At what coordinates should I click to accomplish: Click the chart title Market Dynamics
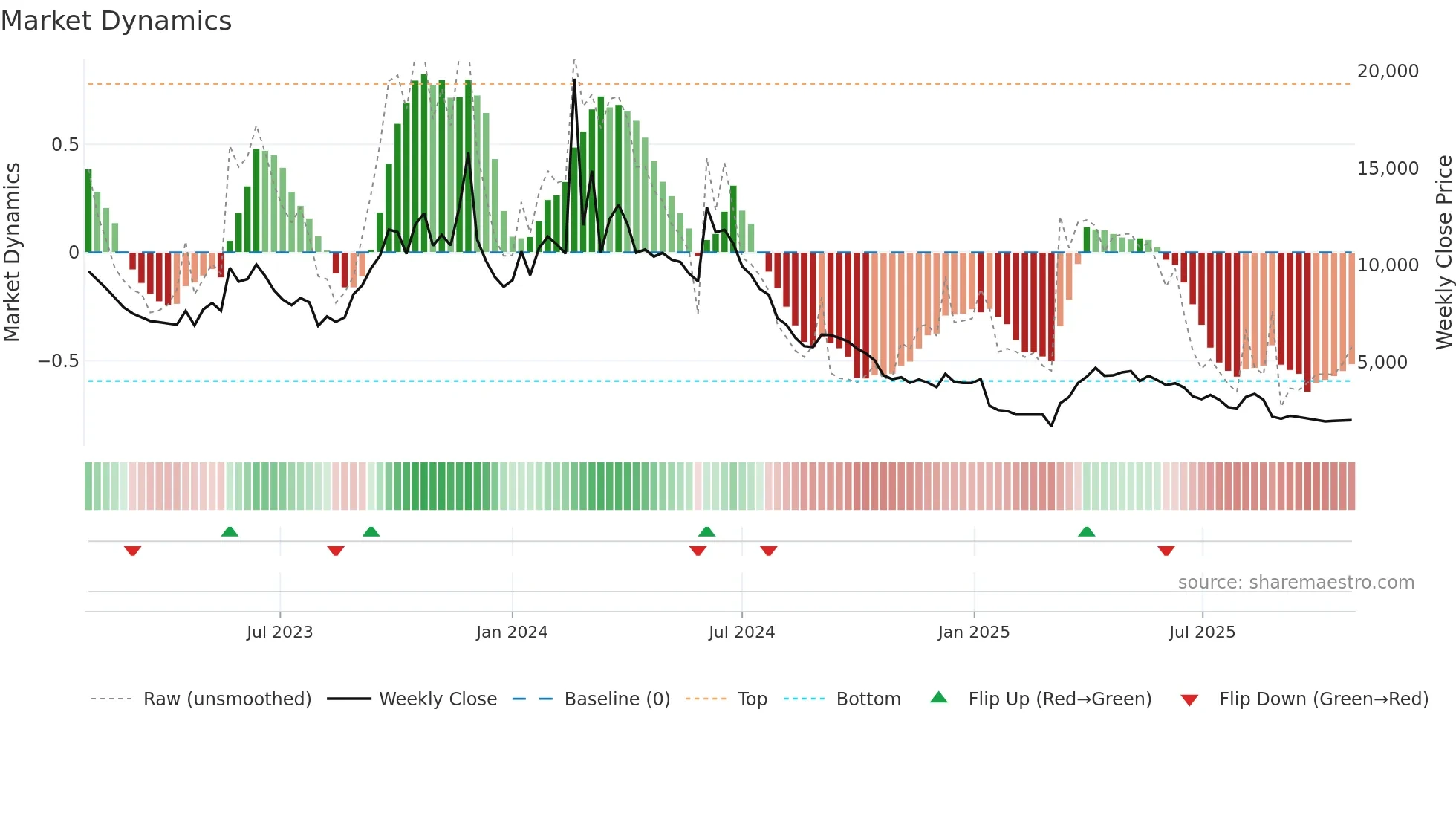coord(117,21)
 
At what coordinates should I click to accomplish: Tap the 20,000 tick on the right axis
coord(1388,71)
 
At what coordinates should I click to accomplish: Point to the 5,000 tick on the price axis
coord(1382,363)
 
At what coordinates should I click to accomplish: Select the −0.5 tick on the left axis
coord(58,361)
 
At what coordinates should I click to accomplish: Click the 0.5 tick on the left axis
coord(65,145)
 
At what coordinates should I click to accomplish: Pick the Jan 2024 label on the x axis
coord(512,632)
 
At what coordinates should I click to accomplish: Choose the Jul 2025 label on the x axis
coord(1202,632)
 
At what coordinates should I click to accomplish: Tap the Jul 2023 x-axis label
coord(279,632)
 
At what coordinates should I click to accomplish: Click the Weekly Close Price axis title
coord(1443,253)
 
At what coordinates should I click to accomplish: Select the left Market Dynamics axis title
coord(12,253)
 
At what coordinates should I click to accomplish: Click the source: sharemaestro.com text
coord(1296,583)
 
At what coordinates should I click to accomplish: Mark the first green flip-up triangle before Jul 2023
coord(230,532)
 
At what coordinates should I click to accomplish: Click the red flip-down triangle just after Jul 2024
coord(769,551)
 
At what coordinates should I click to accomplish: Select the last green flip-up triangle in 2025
coord(1086,532)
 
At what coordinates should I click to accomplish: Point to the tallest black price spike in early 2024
coord(574,80)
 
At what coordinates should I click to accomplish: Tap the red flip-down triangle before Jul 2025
coord(1166,551)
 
